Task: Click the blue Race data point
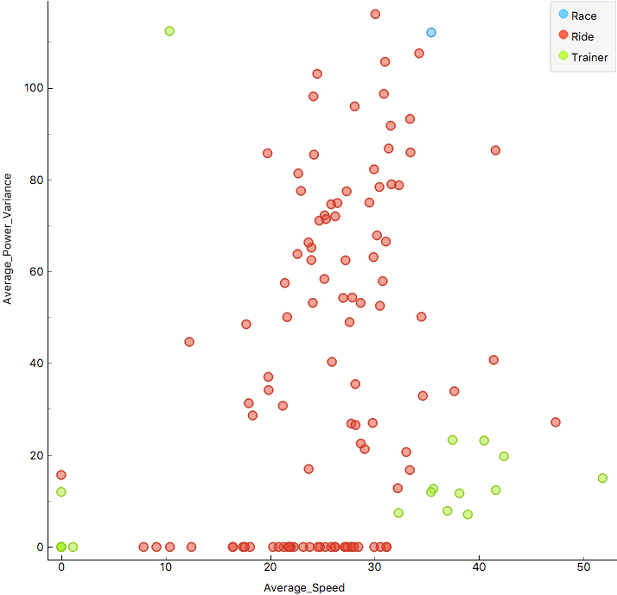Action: (x=431, y=33)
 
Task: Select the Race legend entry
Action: (x=584, y=16)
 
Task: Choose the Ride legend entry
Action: (x=584, y=36)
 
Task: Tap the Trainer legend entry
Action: (x=589, y=57)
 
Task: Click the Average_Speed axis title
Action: (x=304, y=588)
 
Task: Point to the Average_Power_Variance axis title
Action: (x=9, y=238)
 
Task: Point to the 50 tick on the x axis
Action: (x=583, y=567)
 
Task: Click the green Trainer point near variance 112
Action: (x=169, y=31)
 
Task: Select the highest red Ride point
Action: (x=375, y=14)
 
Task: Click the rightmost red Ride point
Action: (x=556, y=422)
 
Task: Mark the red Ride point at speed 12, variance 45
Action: (x=189, y=342)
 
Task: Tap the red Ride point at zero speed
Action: (x=61, y=475)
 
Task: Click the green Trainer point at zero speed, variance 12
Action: (x=61, y=492)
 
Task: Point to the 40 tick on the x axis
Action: (x=479, y=567)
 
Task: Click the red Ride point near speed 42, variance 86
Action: (x=496, y=150)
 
